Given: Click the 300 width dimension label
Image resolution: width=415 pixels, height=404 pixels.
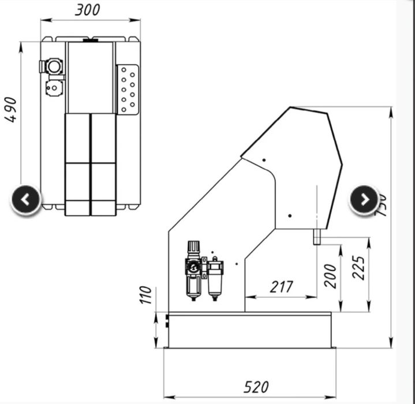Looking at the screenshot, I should click(87, 10).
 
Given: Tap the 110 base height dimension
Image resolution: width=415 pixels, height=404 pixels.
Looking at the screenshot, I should click(145, 294).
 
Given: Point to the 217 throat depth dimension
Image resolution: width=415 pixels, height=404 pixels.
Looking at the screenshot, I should click(281, 286).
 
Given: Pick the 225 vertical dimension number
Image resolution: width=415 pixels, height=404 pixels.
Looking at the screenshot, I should click(359, 268).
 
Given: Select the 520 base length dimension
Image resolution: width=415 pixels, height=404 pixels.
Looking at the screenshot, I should click(256, 387).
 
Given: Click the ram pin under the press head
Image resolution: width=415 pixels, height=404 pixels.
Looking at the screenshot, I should click(316, 236).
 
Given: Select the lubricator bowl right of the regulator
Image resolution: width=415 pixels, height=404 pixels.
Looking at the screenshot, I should click(215, 283).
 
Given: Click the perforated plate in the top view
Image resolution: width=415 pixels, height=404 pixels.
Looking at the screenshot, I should click(127, 88).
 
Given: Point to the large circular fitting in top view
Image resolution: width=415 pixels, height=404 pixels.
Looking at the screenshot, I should click(54, 66).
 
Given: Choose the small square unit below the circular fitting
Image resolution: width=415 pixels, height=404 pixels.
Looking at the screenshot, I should click(54, 88).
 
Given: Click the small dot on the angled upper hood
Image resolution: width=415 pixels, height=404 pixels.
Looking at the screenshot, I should click(263, 159).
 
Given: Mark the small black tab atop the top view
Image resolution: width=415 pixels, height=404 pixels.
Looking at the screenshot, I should click(90, 40).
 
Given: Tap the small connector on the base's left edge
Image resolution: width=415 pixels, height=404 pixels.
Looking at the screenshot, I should click(167, 320).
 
